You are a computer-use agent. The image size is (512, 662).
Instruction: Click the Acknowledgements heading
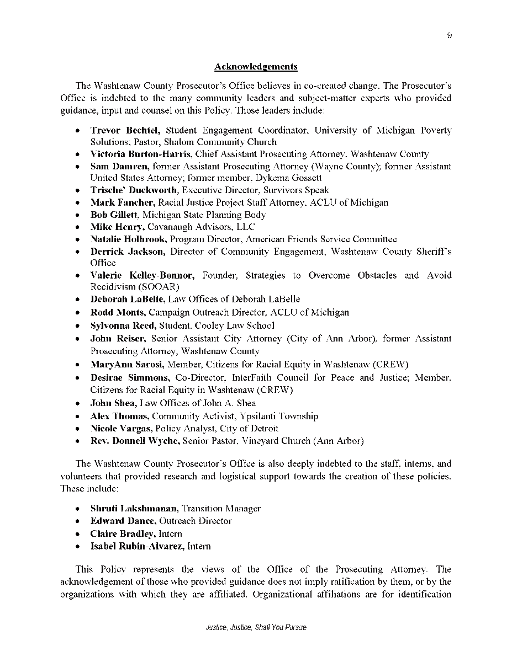pyautogui.click(x=256, y=67)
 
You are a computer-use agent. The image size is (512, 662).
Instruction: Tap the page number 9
pyautogui.click(x=450, y=35)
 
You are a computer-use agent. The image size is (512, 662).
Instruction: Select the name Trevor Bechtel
pyautogui.click(x=125, y=131)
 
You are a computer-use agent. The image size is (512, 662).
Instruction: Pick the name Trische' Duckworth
pyautogui.click(x=134, y=190)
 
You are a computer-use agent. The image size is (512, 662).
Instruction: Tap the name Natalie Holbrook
pyautogui.click(x=129, y=239)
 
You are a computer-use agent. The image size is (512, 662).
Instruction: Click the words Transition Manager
pyautogui.click(x=221, y=509)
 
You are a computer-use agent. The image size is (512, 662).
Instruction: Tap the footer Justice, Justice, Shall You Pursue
pyautogui.click(x=256, y=628)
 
